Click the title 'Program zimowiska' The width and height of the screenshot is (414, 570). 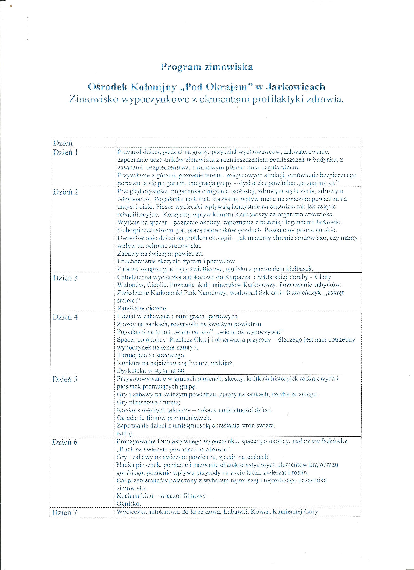tap(206, 67)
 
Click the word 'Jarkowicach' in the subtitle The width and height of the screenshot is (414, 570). tap(295, 87)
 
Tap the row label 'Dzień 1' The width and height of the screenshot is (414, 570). tap(66, 153)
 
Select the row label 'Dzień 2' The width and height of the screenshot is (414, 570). tap(66, 192)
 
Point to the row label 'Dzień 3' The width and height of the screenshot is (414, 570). tap(65, 278)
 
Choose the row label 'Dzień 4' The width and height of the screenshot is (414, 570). tap(65, 317)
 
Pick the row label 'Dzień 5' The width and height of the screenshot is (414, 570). tap(65, 379)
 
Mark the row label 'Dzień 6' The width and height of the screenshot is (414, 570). tap(65, 442)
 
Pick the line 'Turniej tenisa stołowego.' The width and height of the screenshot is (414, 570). tap(151, 355)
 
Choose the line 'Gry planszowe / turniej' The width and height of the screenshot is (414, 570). tap(149, 402)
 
